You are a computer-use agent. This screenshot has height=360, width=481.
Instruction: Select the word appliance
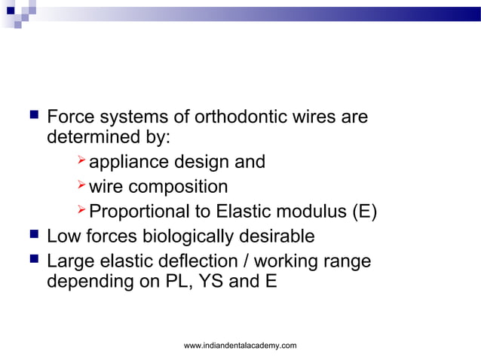tap(130, 162)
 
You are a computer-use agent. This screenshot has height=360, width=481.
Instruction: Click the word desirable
tap(278, 236)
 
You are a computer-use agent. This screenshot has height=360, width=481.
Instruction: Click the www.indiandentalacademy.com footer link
tap(240, 345)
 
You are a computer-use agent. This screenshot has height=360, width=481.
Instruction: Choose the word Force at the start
tap(69, 118)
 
